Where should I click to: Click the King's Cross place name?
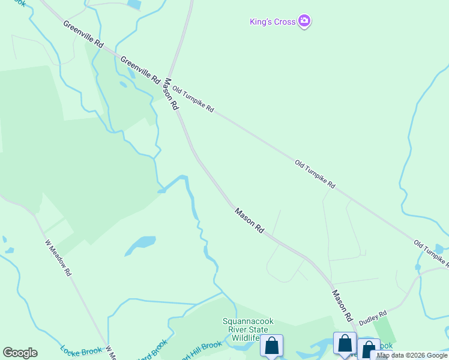273,22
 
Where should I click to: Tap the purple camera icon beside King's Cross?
305,22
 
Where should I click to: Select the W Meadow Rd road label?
58,258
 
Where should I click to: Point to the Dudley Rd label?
373,318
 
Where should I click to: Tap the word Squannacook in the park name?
248,322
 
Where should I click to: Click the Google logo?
20,353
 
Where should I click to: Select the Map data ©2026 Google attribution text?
412,356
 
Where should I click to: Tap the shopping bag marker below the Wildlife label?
271,346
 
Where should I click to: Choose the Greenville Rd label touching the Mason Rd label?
140,71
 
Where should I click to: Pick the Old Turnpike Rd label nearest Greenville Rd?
193,100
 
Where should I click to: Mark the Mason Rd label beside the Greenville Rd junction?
172,94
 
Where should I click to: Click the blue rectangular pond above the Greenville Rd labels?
134,4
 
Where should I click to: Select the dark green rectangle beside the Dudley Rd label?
385,330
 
